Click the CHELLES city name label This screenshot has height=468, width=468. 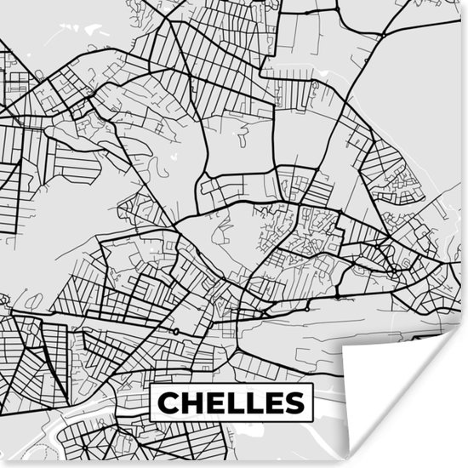pyautogui.click(x=231, y=402)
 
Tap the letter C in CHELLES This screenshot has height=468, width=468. pyautogui.click(x=169, y=402)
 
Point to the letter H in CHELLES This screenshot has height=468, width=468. pyautogui.click(x=192, y=402)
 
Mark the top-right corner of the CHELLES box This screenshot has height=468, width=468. pyautogui.click(x=312, y=385)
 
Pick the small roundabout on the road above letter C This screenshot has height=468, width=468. pyautogui.click(x=175, y=331)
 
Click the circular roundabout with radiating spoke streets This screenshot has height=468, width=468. pyautogui.click(x=394, y=271)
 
